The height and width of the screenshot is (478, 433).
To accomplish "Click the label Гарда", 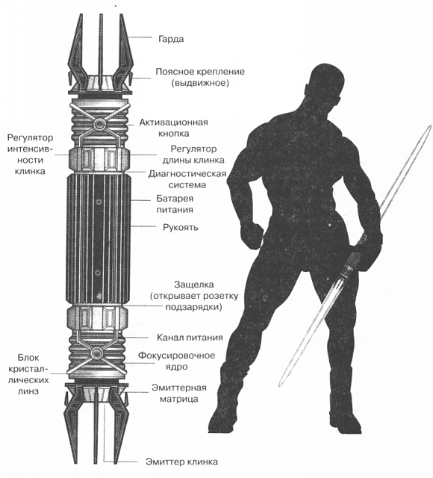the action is point(171,40).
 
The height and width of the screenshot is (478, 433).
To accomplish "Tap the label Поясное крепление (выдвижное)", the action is point(200,77).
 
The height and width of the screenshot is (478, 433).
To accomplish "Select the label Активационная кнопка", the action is point(174,128).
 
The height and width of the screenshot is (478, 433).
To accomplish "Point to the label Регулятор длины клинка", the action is point(193,155).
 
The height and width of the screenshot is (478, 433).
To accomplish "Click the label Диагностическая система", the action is point(187,179).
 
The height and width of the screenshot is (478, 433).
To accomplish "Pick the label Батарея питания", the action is point(175,204).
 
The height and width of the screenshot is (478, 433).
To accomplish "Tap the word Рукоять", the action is point(181,227).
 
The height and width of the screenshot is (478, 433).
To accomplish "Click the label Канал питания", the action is point(190,338).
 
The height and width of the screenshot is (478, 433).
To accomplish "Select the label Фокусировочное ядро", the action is point(177,361).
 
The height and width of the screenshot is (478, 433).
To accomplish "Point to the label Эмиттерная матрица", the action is point(179,394).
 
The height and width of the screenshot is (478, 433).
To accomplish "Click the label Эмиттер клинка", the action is point(181,462).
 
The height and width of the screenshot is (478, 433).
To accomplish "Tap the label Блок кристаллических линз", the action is point(28,374).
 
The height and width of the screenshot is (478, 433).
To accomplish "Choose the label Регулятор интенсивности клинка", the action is point(30,155).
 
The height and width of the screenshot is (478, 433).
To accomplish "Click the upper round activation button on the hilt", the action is point(99,123).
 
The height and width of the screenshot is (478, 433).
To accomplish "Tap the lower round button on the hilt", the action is point(96,353).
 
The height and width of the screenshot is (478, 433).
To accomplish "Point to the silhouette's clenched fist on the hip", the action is point(252,235).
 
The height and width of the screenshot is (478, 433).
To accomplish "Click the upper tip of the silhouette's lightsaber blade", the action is point(431,125).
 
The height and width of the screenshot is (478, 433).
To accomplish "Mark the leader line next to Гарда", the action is point(141,37).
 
